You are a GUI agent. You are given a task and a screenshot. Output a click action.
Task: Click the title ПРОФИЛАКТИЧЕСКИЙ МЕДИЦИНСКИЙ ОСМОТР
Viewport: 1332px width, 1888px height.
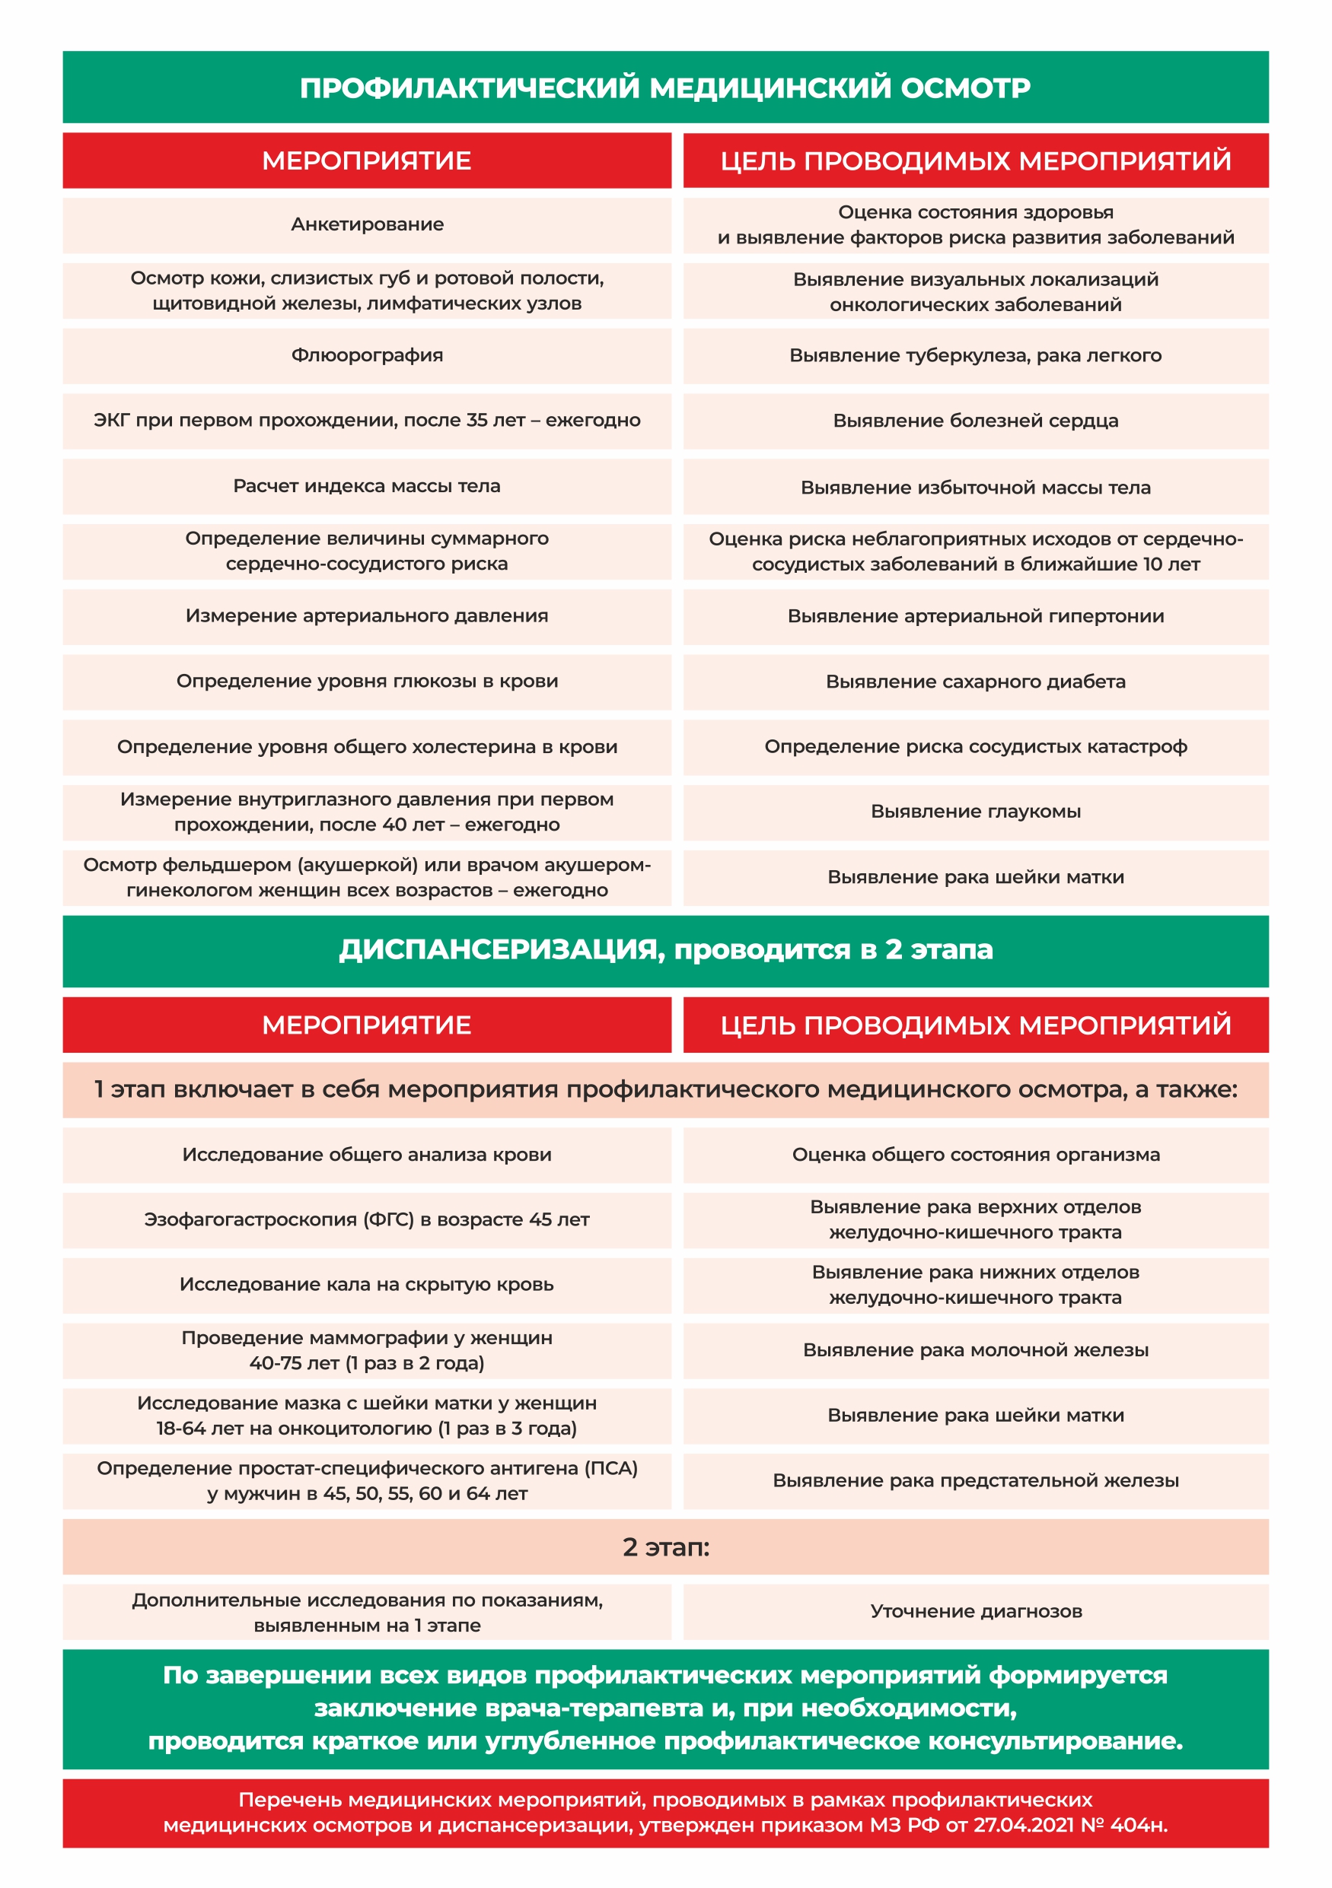tap(664, 88)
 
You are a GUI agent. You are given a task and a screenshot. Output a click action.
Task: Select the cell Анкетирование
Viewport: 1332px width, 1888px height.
tap(367, 224)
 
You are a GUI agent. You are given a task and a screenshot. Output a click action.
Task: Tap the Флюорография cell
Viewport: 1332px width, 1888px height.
tap(367, 355)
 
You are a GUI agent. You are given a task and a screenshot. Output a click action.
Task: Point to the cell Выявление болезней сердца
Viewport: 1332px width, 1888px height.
tap(975, 421)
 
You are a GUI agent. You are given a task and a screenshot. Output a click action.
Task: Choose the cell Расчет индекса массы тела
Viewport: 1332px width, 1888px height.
tap(367, 486)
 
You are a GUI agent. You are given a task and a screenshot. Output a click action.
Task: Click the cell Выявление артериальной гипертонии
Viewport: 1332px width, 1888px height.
tap(975, 616)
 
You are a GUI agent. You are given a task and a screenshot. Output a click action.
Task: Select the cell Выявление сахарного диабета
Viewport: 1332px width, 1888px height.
tap(975, 682)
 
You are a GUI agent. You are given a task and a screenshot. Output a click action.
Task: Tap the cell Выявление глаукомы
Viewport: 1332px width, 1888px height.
tap(975, 812)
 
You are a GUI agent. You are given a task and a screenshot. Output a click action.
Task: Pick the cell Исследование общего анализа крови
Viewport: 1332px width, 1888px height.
tap(367, 1155)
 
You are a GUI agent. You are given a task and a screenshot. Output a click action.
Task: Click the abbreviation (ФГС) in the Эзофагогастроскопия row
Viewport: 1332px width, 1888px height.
tap(389, 1219)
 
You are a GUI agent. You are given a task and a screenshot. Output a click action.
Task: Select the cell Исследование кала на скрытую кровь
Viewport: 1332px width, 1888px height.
tap(367, 1285)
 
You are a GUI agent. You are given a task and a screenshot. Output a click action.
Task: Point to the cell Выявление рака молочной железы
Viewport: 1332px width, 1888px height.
tap(975, 1350)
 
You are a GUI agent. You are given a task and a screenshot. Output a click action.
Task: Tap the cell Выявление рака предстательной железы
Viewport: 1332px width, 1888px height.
tap(975, 1480)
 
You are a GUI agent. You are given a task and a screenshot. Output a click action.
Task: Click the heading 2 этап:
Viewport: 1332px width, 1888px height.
tap(665, 1546)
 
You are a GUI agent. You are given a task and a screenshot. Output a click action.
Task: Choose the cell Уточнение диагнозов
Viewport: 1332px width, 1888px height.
tap(975, 1611)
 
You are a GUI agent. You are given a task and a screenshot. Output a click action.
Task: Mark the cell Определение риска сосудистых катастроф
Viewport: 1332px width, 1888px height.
tap(975, 747)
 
